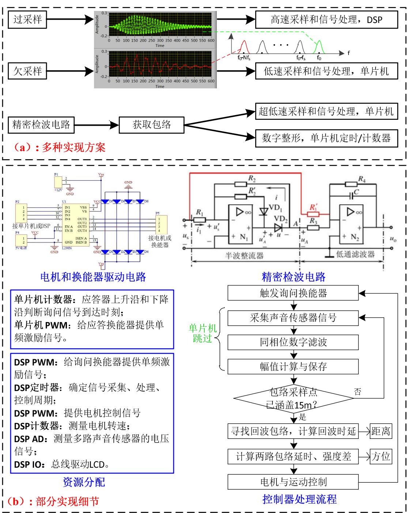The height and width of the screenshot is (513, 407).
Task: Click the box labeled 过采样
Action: click(27, 20)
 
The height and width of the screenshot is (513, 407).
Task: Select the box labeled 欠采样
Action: click(27, 71)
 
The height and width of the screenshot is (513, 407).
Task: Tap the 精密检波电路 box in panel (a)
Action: click(41, 125)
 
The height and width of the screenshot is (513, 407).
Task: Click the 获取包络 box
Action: click(151, 125)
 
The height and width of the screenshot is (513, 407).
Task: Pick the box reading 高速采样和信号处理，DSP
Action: click(326, 20)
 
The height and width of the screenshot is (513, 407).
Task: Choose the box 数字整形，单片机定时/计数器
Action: click(326, 138)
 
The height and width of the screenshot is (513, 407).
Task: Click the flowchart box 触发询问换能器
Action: click(293, 293)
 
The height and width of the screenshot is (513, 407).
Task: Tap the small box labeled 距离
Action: click(381, 432)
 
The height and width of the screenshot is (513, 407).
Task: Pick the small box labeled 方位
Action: click(381, 456)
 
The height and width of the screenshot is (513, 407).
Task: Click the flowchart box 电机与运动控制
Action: click(293, 482)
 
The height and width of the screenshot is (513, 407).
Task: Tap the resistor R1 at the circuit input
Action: click(199, 220)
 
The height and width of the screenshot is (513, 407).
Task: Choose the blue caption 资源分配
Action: click(84, 482)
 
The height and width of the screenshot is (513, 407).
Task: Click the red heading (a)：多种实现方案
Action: click(59, 148)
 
